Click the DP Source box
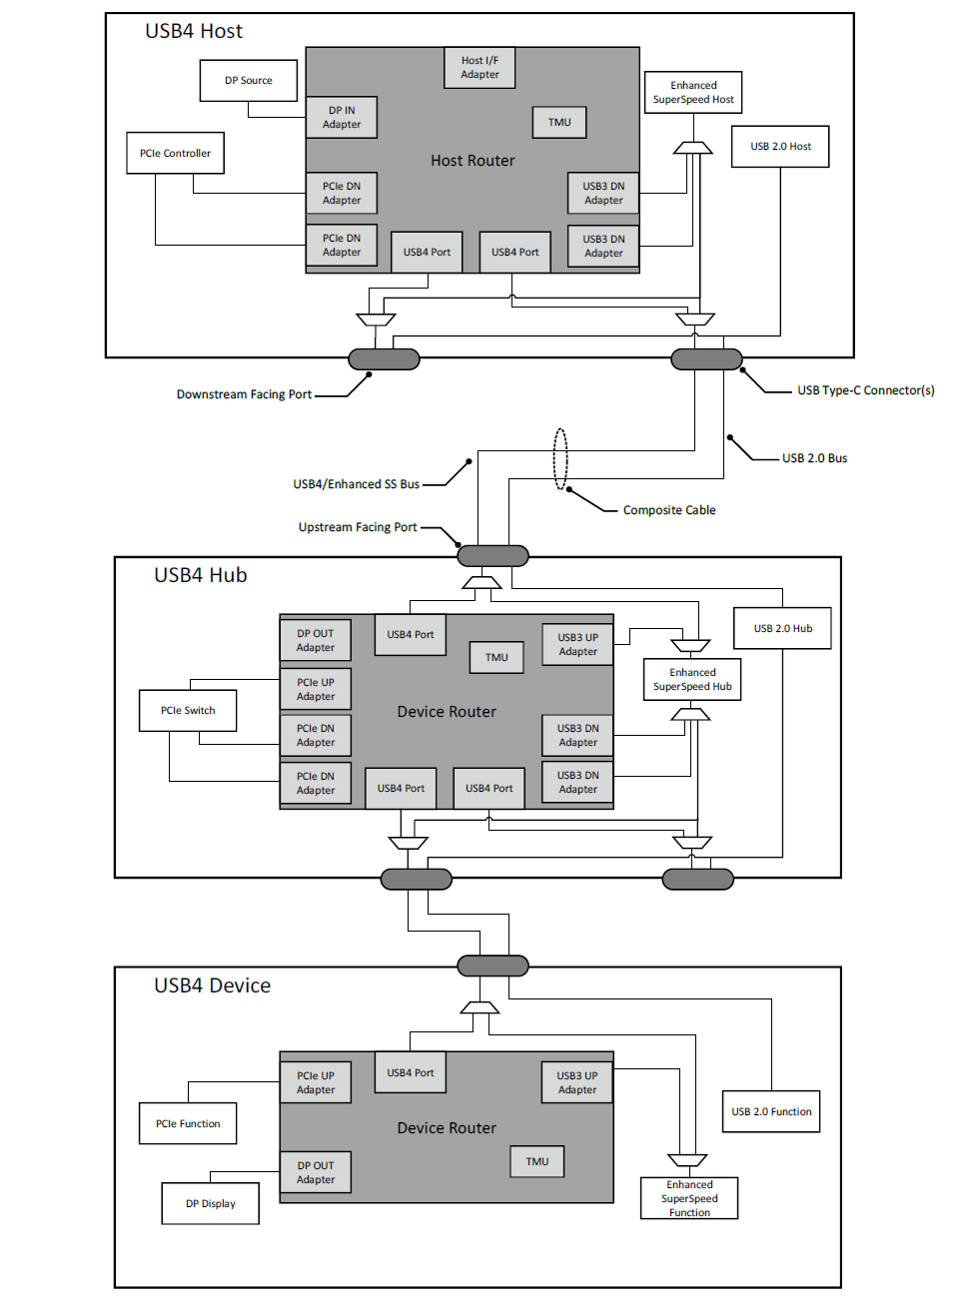pyautogui.click(x=249, y=81)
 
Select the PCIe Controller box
pyautogui.click(x=176, y=153)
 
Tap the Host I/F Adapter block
pyautogui.click(x=479, y=68)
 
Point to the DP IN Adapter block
pyautogui.click(x=342, y=117)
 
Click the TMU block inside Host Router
pyautogui.click(x=559, y=123)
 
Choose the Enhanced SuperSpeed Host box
pyautogui.click(x=693, y=92)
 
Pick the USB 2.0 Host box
pyautogui.click(x=780, y=147)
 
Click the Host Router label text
pyautogui.click(x=473, y=161)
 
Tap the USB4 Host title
pyautogui.click(x=194, y=31)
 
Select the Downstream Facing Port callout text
pyautogui.click(x=244, y=394)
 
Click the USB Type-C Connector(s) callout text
pyautogui.click(x=866, y=390)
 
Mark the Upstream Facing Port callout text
pyautogui.click(x=358, y=527)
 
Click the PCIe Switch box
pyautogui.click(x=188, y=710)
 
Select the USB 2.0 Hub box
pyautogui.click(x=783, y=628)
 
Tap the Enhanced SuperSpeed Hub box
pyautogui.click(x=692, y=680)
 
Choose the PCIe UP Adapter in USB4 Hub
pyautogui.click(x=316, y=690)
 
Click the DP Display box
pyautogui.click(x=210, y=1204)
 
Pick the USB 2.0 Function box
pyautogui.click(x=771, y=1111)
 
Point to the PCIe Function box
pyautogui.click(x=188, y=1123)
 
